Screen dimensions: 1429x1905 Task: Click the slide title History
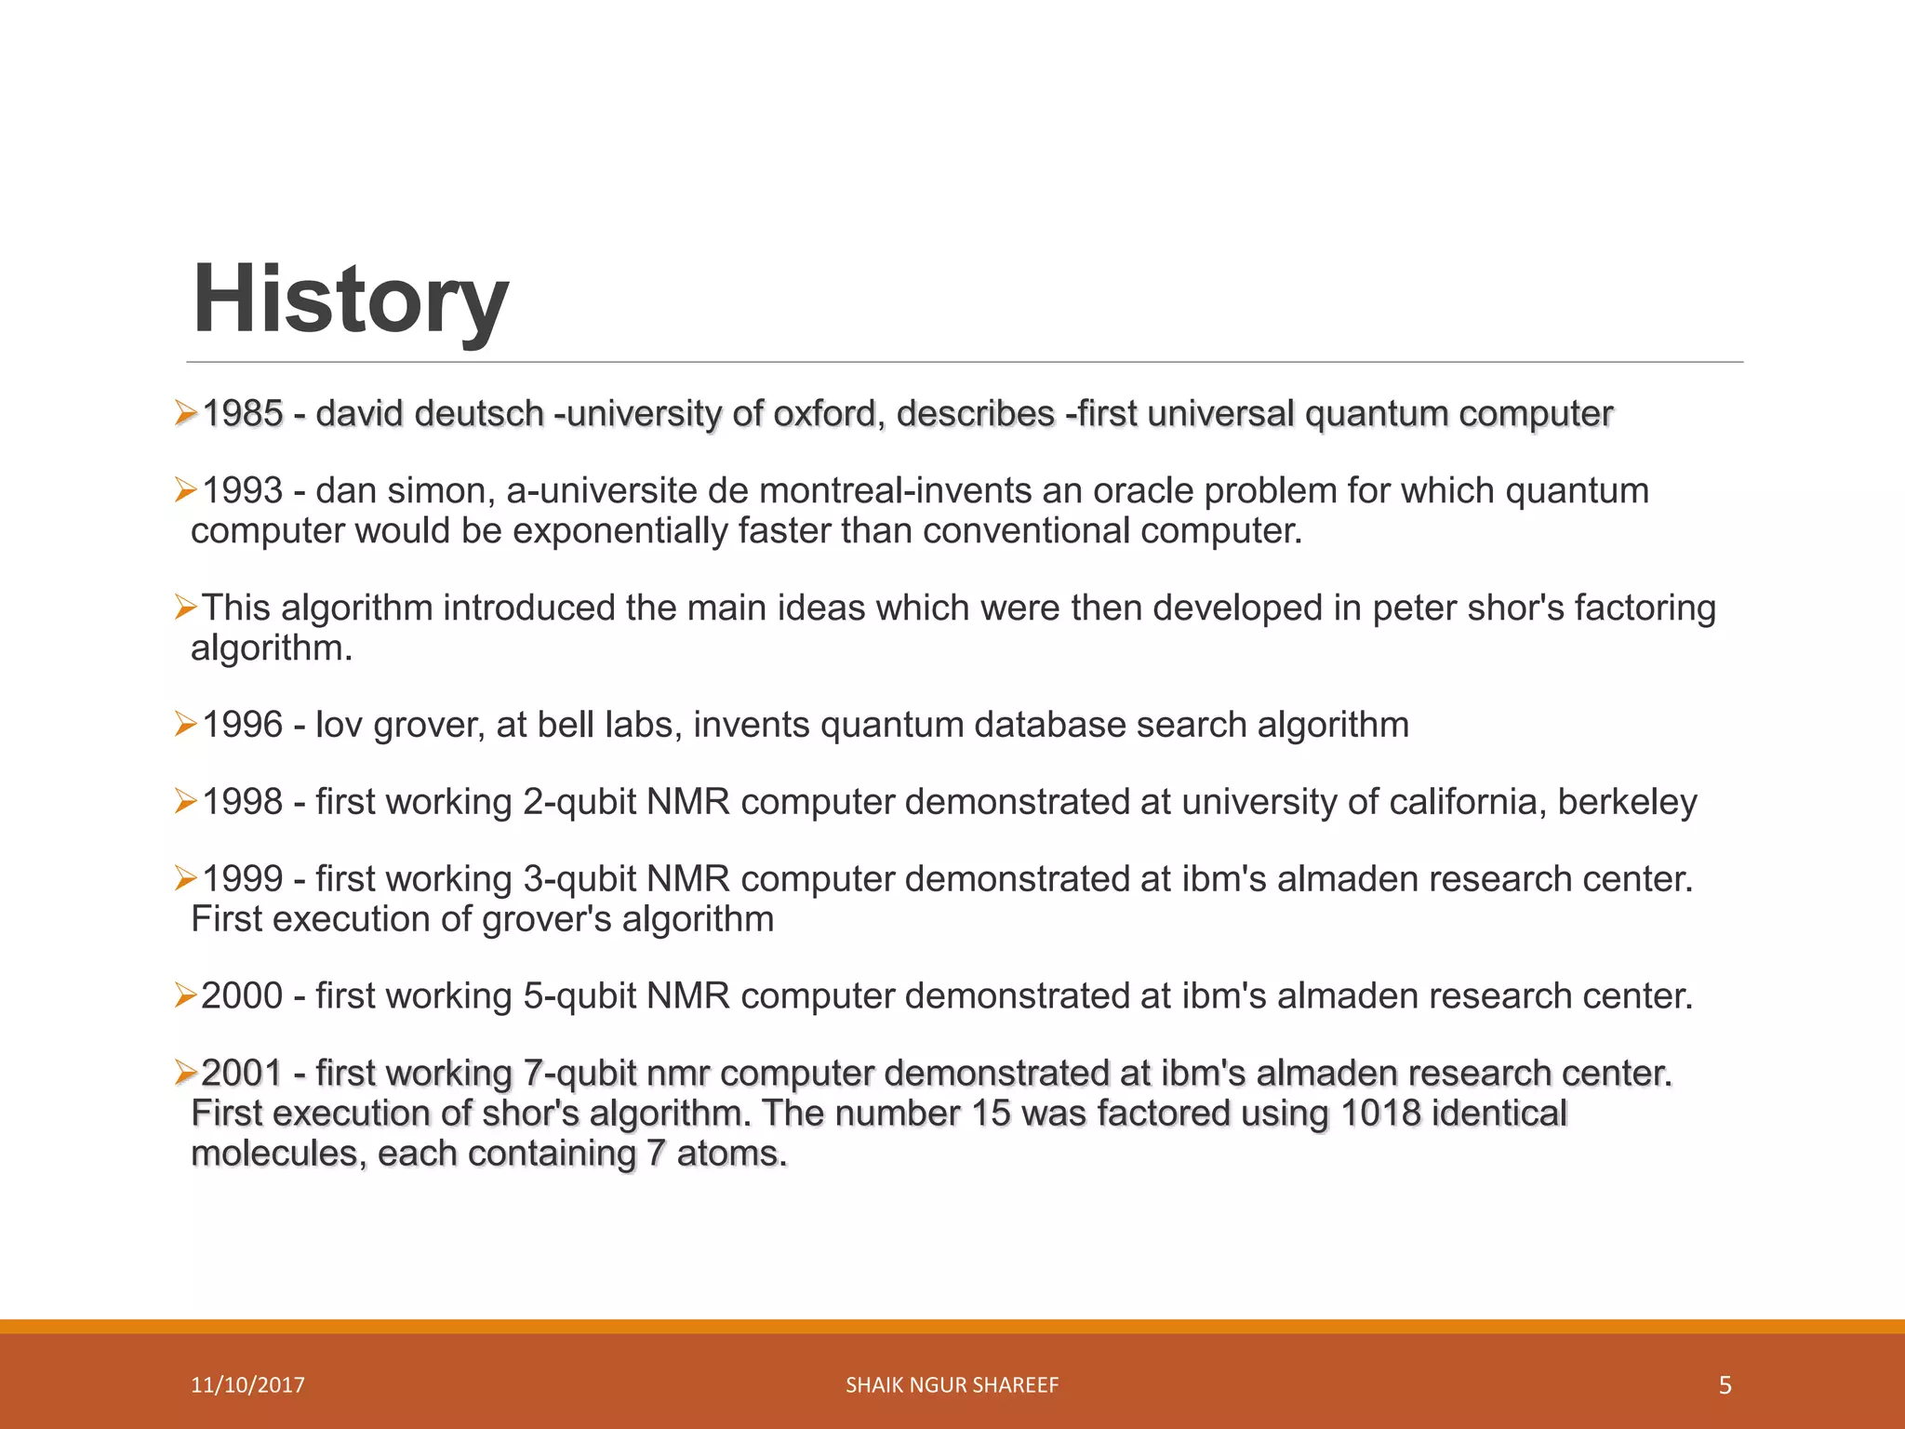pos(350,300)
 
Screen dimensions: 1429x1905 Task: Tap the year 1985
pos(242,414)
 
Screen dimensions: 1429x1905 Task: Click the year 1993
pos(242,491)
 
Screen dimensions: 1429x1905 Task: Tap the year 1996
pos(242,725)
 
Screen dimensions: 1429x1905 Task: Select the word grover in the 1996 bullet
pos(428,725)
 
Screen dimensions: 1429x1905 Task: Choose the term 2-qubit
pos(579,802)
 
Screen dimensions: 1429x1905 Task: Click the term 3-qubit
pos(579,879)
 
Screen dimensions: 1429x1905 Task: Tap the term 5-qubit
pos(579,996)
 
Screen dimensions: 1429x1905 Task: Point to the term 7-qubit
pos(579,1074)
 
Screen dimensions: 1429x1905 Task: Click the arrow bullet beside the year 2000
pos(185,996)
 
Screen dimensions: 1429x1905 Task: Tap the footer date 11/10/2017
pos(247,1385)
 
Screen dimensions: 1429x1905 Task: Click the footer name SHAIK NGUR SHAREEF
pos(952,1385)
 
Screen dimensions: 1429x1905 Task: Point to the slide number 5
pos(1725,1385)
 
